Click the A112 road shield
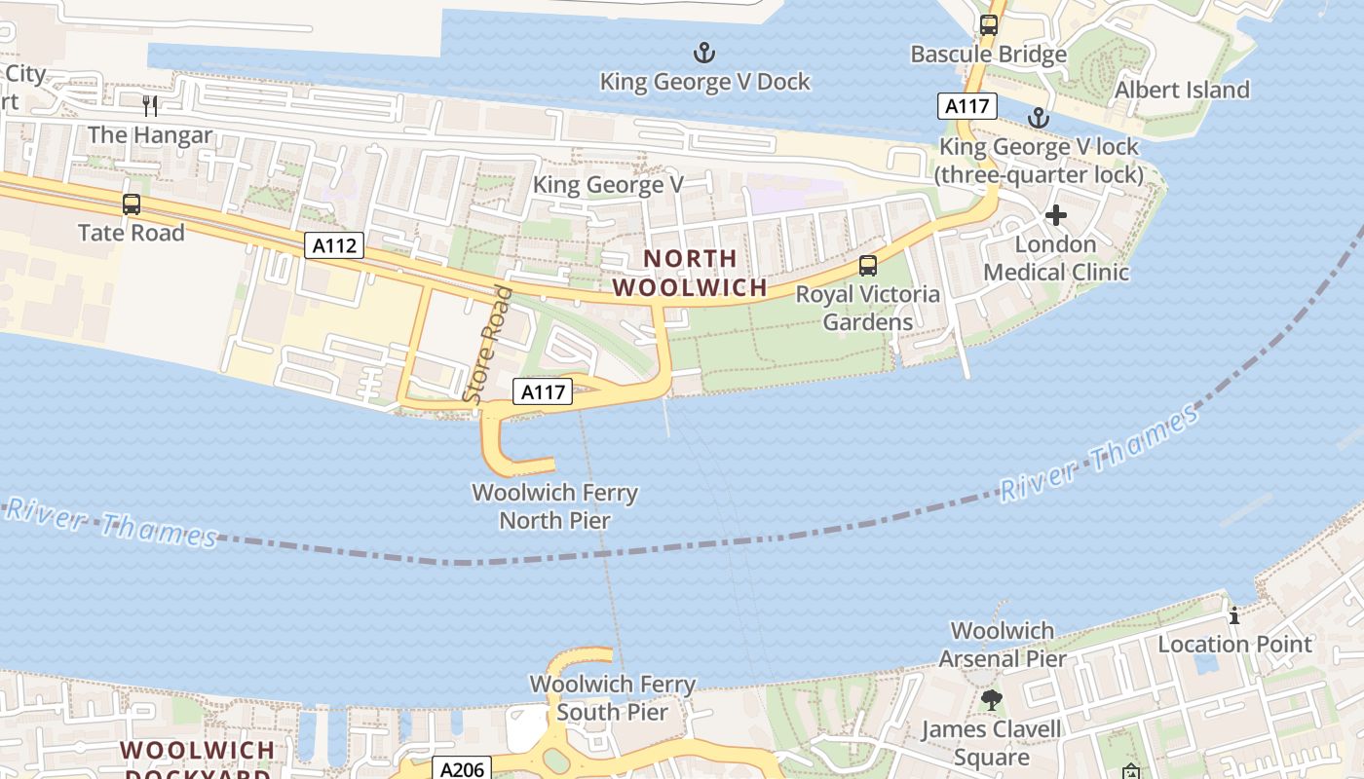click(335, 245)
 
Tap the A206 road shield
click(462, 769)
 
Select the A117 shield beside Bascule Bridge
click(967, 105)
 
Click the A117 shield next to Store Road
click(542, 391)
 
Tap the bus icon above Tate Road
click(132, 204)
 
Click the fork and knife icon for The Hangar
click(150, 105)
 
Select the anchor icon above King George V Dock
click(702, 52)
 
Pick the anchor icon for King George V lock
click(1039, 119)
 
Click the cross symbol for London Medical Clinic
click(1055, 215)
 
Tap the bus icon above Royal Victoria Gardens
click(867, 265)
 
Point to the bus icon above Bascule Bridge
click(989, 25)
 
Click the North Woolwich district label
click(690, 274)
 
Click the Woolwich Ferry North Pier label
click(555, 506)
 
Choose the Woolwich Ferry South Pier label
click(613, 698)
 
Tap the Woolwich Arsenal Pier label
click(1003, 645)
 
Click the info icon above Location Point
click(1234, 615)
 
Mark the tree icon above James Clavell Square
click(992, 699)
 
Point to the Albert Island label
click(1182, 90)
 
